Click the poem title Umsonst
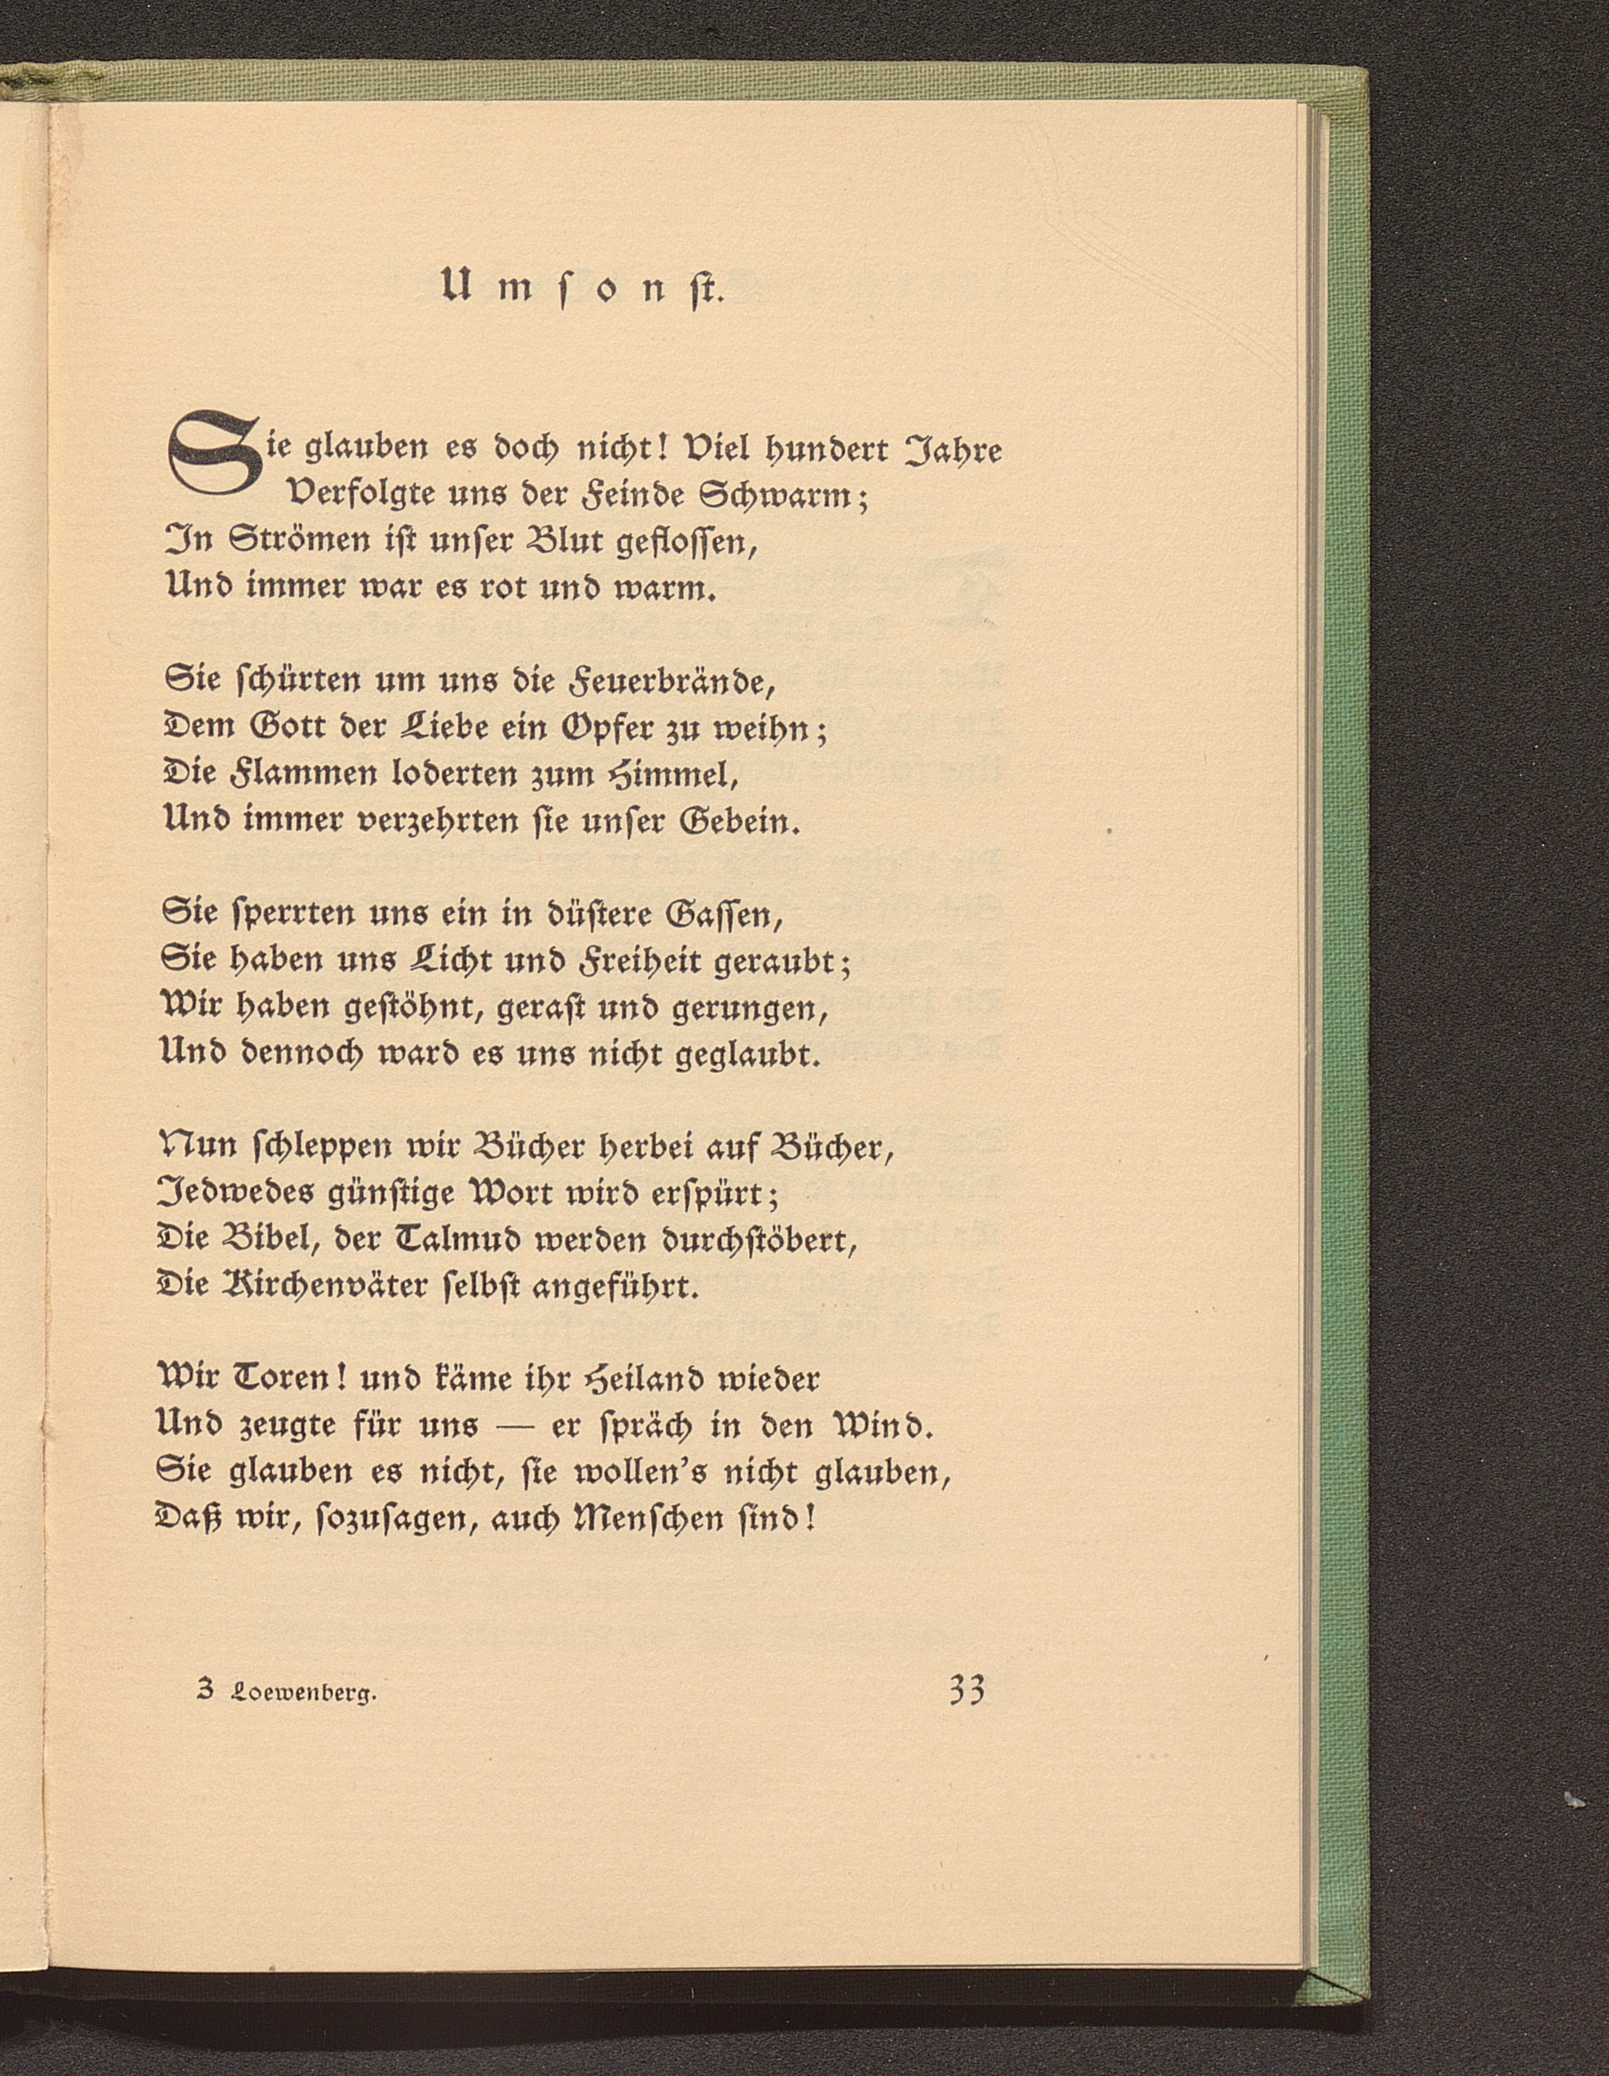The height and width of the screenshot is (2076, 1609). click(583, 286)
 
